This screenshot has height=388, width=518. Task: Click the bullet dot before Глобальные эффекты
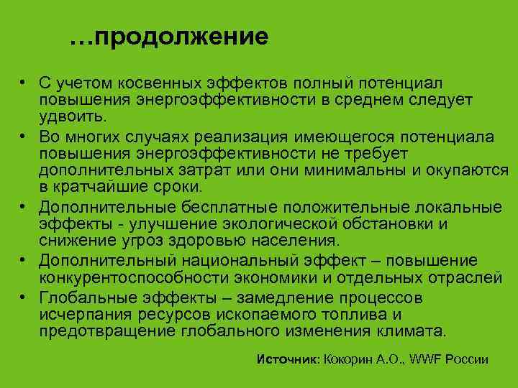pyautogui.click(x=24, y=297)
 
